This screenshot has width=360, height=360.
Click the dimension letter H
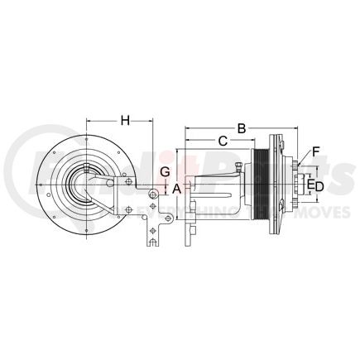pyautogui.click(x=124, y=121)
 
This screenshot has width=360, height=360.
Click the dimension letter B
pyautogui.click(x=242, y=127)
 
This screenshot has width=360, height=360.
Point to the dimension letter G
pyautogui.click(x=165, y=171)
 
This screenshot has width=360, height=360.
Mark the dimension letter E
pyautogui.click(x=310, y=185)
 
